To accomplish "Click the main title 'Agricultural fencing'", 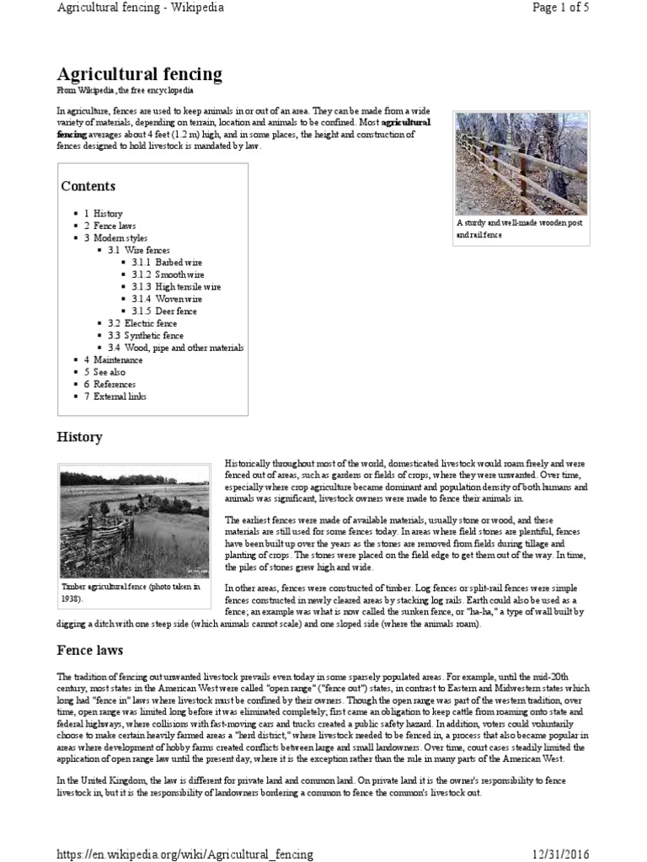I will (139, 74).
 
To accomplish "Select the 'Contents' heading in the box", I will (88, 186).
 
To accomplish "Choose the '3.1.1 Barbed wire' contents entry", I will (167, 263).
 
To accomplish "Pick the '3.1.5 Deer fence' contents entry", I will (164, 311).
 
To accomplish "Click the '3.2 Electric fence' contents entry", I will (142, 323).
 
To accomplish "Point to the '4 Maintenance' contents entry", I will (113, 359).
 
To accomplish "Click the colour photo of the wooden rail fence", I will (521, 164).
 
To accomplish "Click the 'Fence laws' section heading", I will (90, 651).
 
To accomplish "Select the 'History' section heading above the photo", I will (79, 437).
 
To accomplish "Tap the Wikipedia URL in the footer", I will (184, 854).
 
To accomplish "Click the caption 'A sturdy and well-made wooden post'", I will (520, 224).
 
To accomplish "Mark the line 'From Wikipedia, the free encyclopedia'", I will (125, 90).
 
